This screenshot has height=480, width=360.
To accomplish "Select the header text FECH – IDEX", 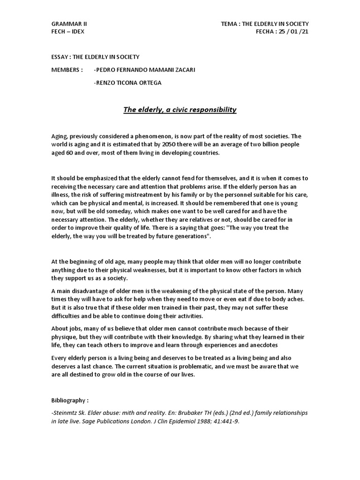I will tap(68, 31).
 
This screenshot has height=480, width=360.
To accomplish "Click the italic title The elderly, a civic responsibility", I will tap(180, 110).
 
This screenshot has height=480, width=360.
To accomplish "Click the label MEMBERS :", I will tap(67, 70).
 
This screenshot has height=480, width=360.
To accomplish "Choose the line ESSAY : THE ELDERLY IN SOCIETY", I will tap(95, 57).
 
